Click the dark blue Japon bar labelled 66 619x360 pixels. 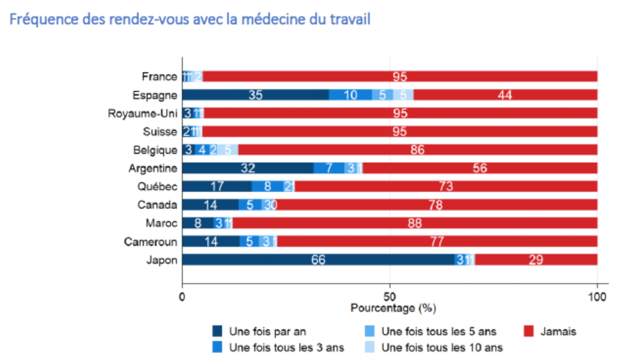point(318,260)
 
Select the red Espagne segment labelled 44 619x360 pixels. point(505,95)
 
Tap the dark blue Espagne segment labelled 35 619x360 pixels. point(255,95)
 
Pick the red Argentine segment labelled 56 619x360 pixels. point(480,168)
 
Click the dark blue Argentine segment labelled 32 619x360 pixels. point(247,168)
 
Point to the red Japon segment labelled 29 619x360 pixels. point(536,260)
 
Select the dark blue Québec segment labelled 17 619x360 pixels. point(217,186)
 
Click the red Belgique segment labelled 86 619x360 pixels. point(417,150)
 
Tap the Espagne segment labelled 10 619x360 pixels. point(350,95)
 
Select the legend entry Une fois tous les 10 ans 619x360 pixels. point(441,347)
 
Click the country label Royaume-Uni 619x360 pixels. point(142,113)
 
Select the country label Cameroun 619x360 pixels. point(150,242)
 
